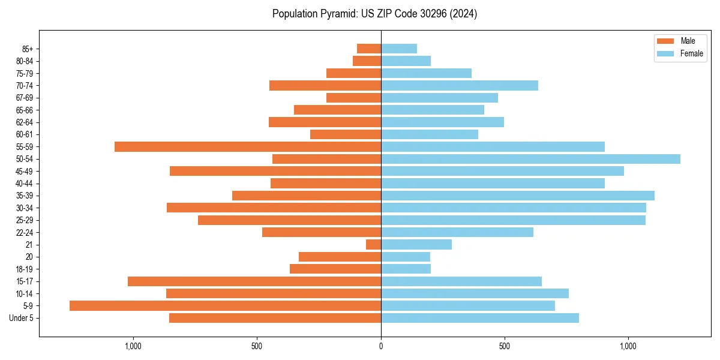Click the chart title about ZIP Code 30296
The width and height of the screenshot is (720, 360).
[374, 14]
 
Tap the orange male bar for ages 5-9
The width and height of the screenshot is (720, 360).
[225, 306]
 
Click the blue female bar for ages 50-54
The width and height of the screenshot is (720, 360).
[530, 159]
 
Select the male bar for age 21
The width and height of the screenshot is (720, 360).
[373, 245]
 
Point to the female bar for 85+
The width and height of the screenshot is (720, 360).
[399, 49]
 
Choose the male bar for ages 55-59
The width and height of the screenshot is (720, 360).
[248, 147]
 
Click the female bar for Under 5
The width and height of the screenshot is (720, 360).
[480, 318]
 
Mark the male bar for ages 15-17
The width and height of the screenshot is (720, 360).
[254, 281]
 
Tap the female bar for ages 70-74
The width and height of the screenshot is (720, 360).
[460, 86]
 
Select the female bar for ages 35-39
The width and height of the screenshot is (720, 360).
[518, 196]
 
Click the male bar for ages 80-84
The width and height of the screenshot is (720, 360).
[367, 61]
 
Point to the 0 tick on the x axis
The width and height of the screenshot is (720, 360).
[381, 346]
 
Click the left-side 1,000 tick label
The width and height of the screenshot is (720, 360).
[133, 346]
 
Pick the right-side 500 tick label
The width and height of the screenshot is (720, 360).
[505, 346]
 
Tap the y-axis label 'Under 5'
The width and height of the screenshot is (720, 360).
[22, 318]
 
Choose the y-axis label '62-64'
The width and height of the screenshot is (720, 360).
[25, 122]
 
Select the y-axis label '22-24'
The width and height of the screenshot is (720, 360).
[25, 233]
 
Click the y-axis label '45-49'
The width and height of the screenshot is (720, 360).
[25, 172]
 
